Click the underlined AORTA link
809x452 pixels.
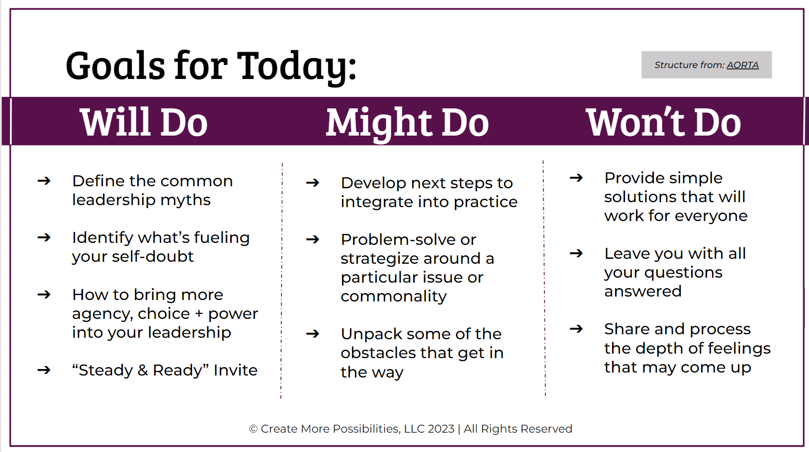pos(742,65)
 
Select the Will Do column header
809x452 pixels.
pos(144,122)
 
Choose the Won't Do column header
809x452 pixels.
pos(663,122)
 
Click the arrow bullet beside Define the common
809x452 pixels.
pos(44,180)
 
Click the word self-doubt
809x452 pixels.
pos(153,256)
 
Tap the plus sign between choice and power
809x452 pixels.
pos(198,314)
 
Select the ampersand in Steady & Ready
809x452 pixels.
pos(143,370)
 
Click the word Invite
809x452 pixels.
pos(236,370)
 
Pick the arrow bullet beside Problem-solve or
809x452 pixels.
pos(313,239)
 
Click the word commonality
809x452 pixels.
pos(394,297)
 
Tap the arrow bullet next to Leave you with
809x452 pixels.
pos(576,253)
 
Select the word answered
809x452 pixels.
pos(643,292)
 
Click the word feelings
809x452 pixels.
pos(739,349)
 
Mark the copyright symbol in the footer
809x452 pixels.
pos(254,429)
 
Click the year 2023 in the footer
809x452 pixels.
pos(441,429)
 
